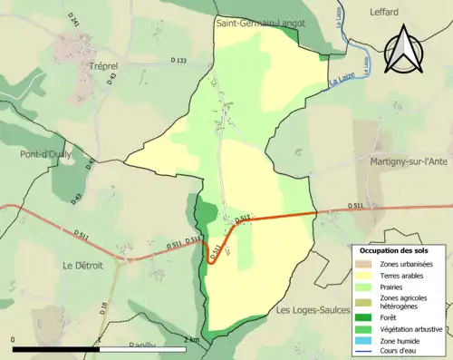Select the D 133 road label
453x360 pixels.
178,61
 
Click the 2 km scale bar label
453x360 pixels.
190,339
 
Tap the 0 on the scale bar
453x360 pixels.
14,339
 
